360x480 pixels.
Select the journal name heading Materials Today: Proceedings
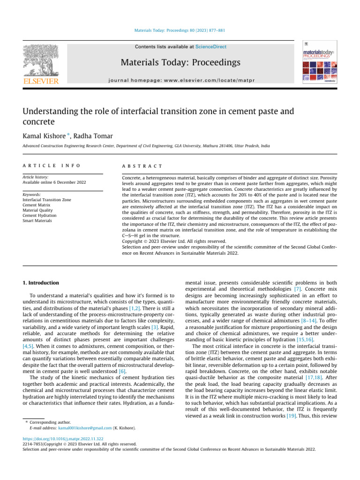[x=180, y=62]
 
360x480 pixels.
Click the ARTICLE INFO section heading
[x=52, y=166]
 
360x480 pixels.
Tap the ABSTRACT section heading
[x=142, y=166]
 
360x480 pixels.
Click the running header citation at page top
[x=180, y=30]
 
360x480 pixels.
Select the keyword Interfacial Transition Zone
[x=47, y=200]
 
